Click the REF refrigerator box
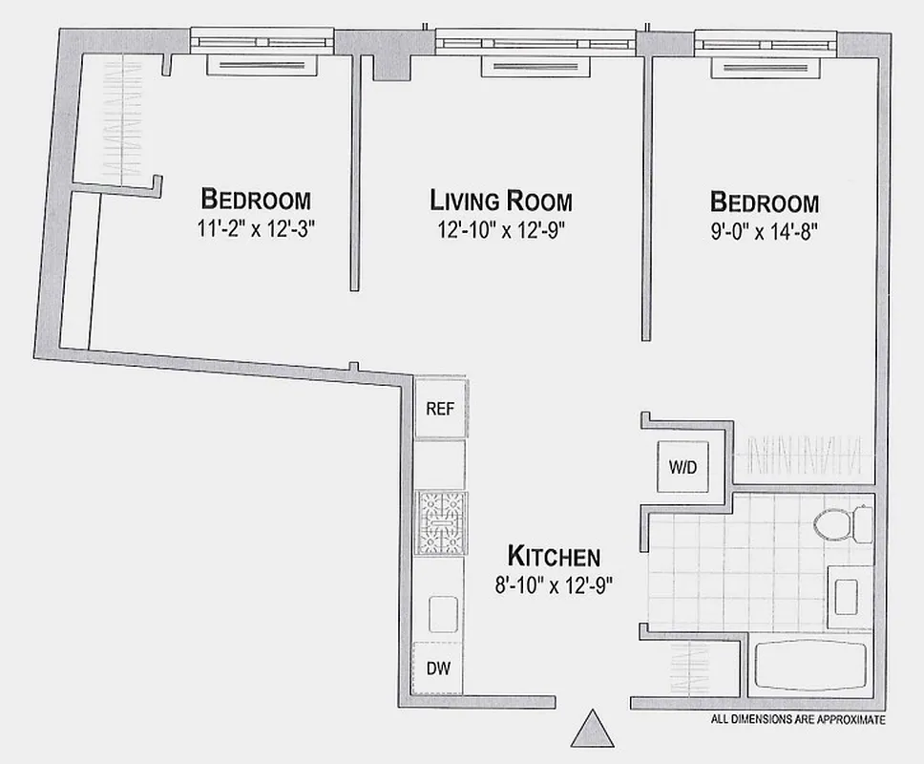(x=440, y=409)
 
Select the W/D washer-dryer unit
(x=683, y=468)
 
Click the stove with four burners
(x=440, y=522)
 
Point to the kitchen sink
(x=441, y=612)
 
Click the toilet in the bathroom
(x=840, y=524)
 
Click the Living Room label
(x=501, y=202)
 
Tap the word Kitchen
(x=554, y=556)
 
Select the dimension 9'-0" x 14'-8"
(x=765, y=230)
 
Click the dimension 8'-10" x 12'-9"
(x=554, y=584)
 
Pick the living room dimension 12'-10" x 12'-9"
(x=501, y=230)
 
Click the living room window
(x=535, y=42)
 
